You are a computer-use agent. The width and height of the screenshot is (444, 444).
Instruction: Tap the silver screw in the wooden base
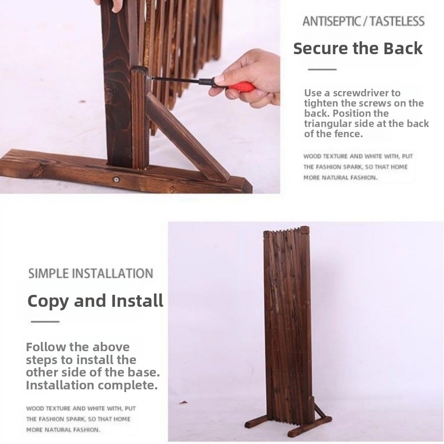point(116,179)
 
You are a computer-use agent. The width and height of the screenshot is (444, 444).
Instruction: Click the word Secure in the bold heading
point(321,48)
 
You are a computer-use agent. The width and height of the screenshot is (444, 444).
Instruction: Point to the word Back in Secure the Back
point(403,48)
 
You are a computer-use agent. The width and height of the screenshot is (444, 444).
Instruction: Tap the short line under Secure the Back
point(322,69)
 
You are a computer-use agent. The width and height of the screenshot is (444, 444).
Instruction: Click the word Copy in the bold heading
point(48,301)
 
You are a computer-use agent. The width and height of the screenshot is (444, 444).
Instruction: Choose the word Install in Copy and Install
point(137,301)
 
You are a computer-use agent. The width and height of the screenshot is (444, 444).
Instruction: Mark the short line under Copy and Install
point(45,321)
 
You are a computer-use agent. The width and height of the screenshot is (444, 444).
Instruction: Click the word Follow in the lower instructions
point(46,347)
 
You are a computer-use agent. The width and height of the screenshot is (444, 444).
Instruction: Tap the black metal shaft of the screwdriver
point(182,80)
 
